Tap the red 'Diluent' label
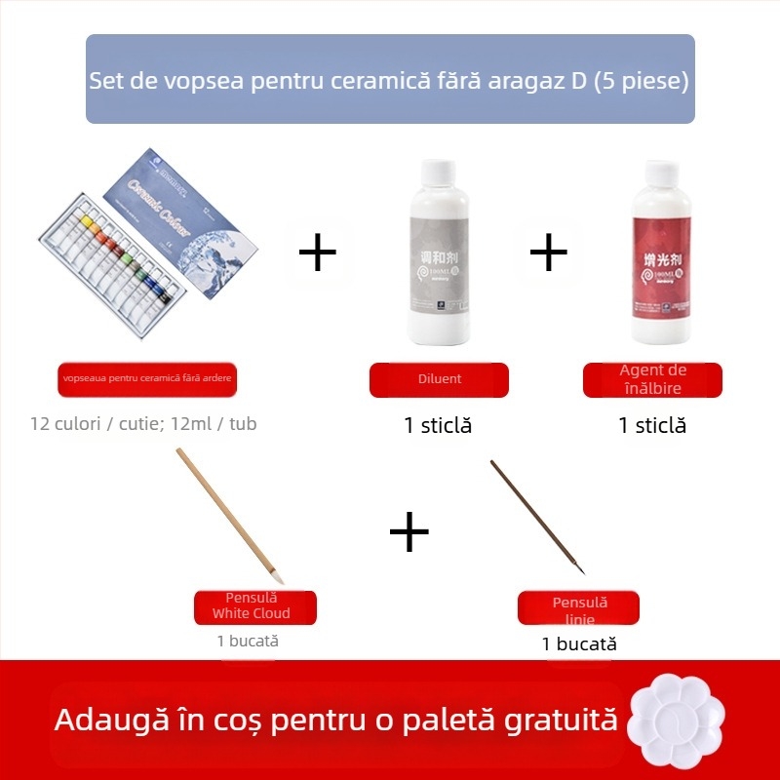tap(439, 379)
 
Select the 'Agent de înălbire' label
tap(652, 379)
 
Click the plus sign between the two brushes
tap(409, 531)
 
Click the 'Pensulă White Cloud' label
tap(254, 606)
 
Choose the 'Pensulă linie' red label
tap(578, 607)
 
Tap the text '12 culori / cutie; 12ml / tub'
tap(143, 424)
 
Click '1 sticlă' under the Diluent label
tap(438, 425)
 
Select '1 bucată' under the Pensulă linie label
tap(579, 643)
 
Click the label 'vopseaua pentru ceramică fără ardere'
tap(147, 379)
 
